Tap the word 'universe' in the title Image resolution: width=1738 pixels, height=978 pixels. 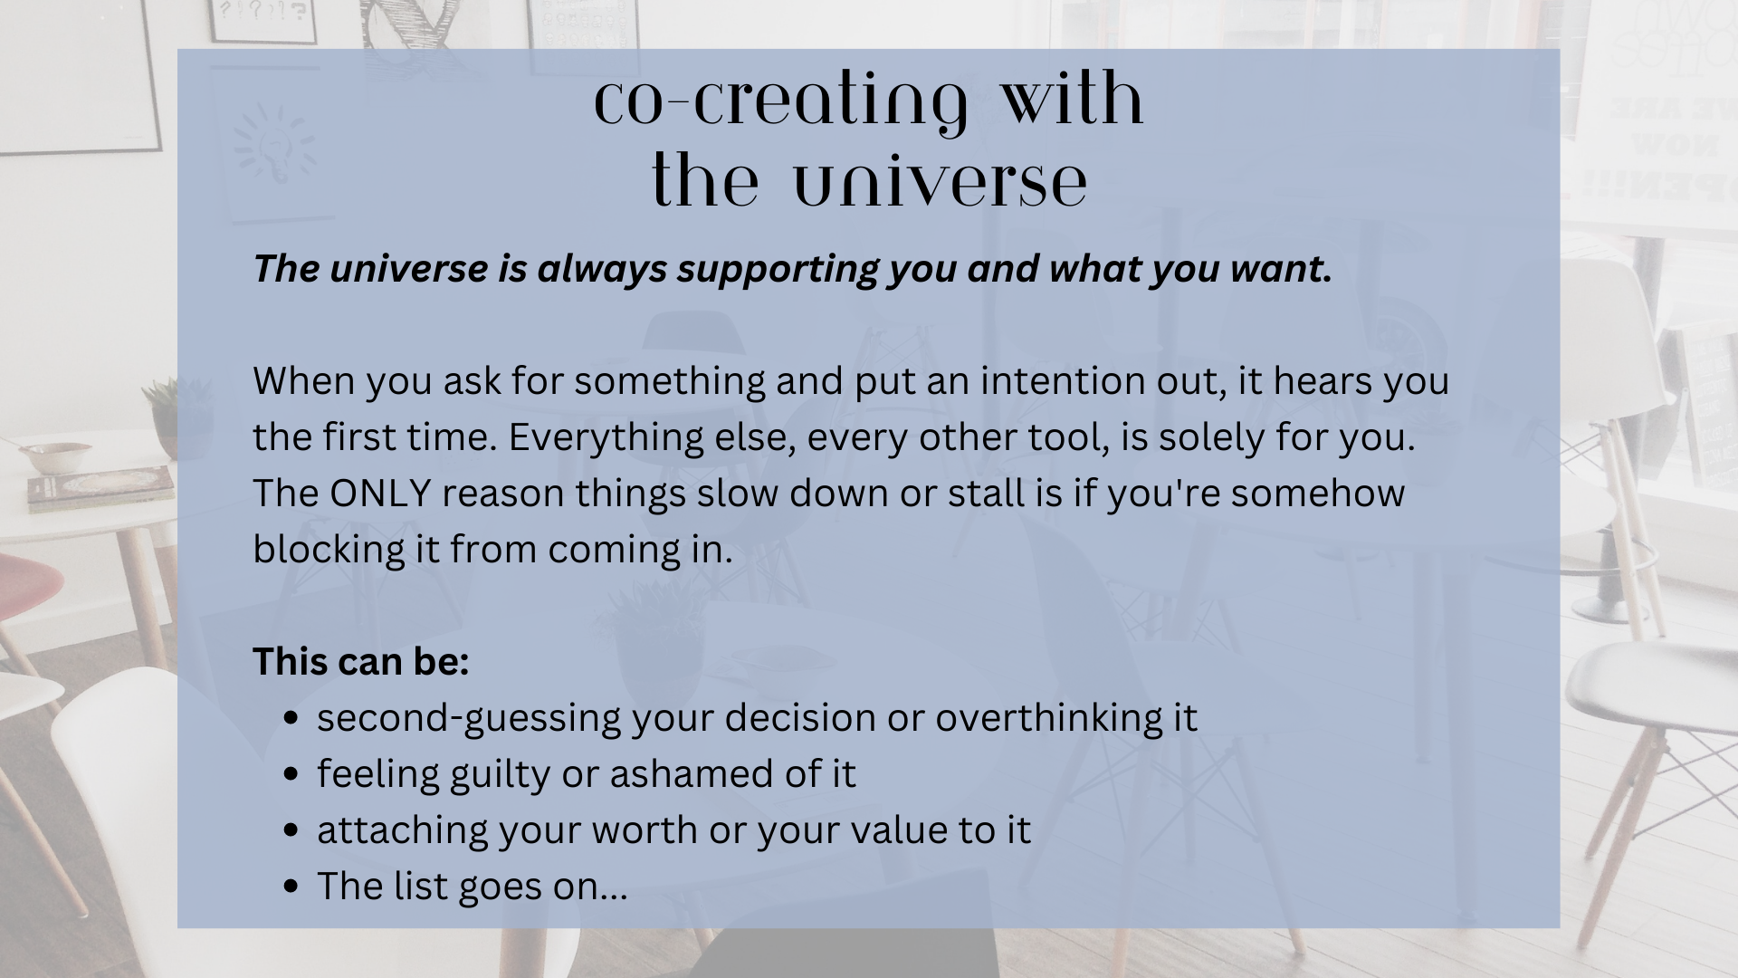940,180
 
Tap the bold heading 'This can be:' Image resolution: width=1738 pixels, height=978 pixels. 361,662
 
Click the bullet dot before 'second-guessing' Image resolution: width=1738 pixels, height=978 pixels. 291,719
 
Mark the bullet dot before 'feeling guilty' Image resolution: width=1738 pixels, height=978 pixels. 291,775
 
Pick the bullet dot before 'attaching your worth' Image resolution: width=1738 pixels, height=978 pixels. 291,831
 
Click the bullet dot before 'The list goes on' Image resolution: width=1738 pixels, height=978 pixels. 291,887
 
